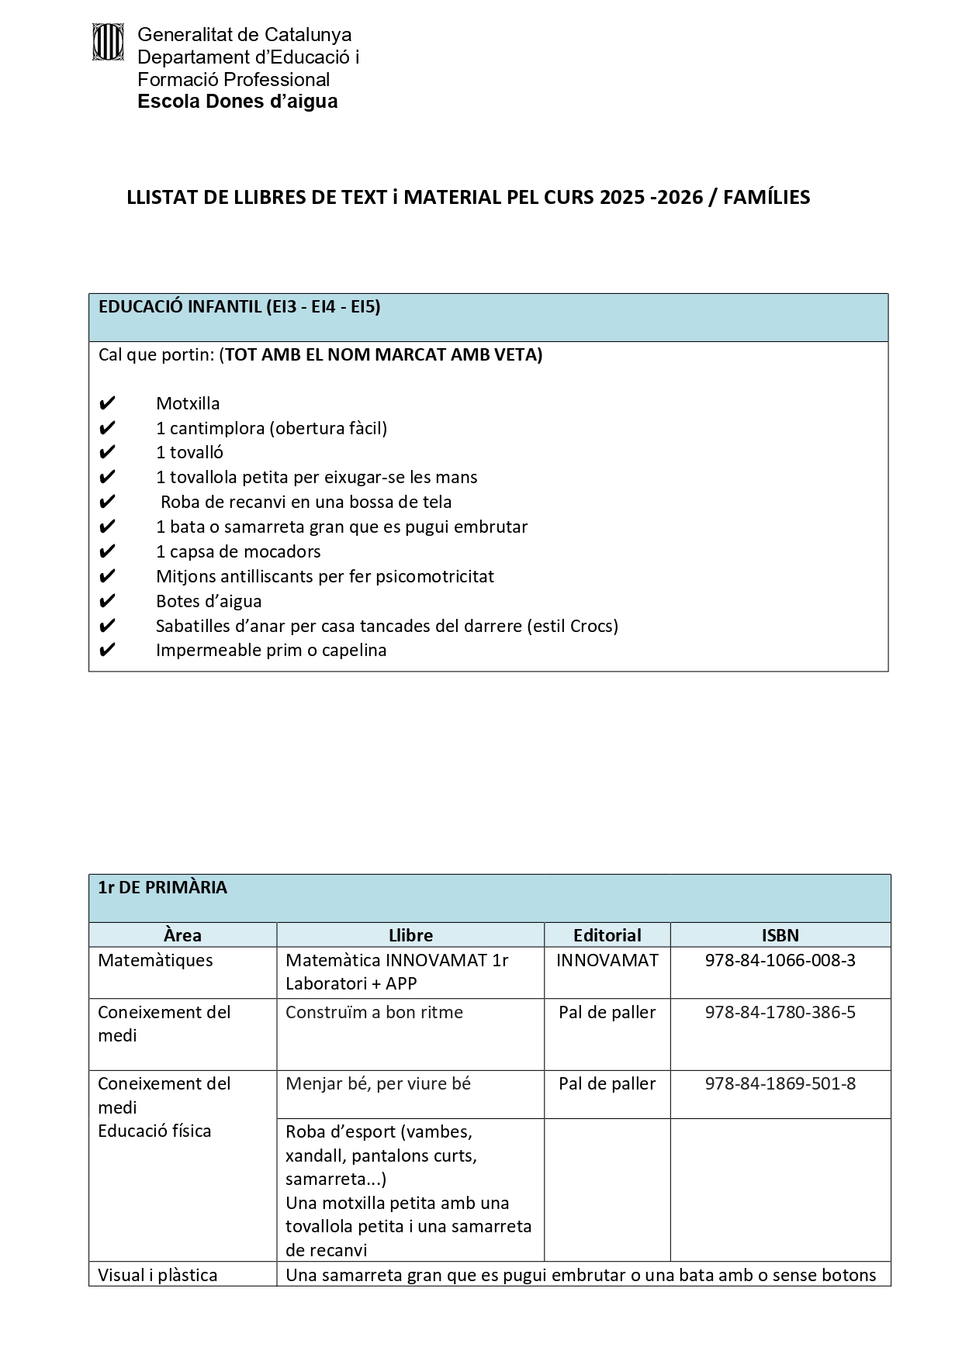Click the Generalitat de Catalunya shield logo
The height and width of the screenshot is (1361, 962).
coord(108,42)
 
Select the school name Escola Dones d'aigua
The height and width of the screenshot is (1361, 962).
coord(237,102)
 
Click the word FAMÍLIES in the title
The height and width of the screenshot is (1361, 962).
coord(766,197)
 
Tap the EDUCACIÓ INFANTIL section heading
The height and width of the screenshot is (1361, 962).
coord(239,307)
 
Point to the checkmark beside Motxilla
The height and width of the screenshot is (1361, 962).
coord(107,403)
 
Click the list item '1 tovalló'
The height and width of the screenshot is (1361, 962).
coord(189,452)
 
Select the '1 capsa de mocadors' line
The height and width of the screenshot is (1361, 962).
coord(238,551)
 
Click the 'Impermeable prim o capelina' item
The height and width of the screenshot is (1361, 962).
coord(271,650)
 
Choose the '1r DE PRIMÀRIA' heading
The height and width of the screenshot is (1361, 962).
coord(163,888)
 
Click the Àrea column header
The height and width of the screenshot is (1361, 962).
coord(182,935)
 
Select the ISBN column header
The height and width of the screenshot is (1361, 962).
coord(780,935)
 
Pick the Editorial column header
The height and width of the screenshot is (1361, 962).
coord(607,935)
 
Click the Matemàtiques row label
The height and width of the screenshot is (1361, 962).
coord(155,960)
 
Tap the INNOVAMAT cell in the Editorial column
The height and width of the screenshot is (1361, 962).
coord(607,960)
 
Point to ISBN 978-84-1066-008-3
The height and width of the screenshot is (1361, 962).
coord(780,960)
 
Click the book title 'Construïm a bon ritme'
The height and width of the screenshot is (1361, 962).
coord(374,1012)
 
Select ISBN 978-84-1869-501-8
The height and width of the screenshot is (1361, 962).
coord(780,1083)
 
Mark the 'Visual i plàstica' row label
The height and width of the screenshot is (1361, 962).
coord(157,1275)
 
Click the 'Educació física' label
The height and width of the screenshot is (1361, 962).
coord(154,1131)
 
